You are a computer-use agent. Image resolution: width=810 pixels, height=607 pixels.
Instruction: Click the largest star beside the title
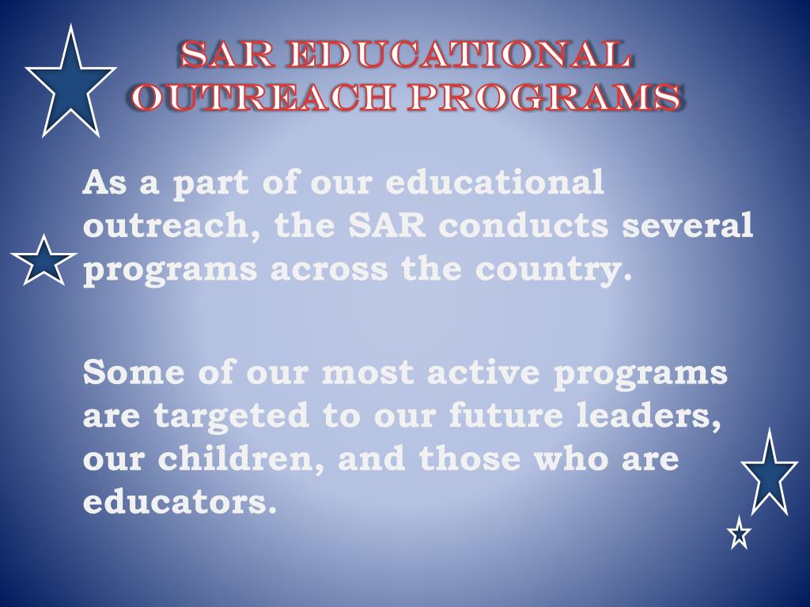coord(70,83)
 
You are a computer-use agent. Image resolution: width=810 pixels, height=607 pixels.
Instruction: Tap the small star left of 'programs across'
coord(44,262)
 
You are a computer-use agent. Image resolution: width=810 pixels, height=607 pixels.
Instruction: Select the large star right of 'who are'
coord(768,473)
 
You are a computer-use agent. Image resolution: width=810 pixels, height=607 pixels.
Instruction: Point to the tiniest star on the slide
coord(739,533)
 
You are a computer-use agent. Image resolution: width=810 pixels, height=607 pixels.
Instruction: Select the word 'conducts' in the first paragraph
coord(524,227)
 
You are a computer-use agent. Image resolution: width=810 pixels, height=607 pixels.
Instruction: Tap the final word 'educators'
coord(180,502)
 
